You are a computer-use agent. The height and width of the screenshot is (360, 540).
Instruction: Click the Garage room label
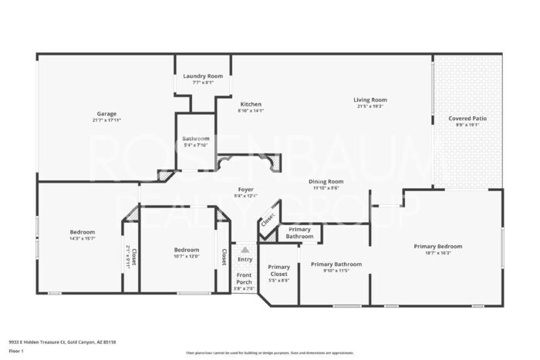coord(106,113)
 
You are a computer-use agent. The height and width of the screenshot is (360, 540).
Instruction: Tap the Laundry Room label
coord(203,76)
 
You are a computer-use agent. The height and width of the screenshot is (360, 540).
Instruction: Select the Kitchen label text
coord(251,104)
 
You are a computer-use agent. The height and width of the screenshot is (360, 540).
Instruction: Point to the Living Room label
coord(370,99)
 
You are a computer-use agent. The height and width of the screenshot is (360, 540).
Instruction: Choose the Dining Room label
coord(328,181)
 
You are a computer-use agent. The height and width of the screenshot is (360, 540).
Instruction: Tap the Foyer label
coord(245,189)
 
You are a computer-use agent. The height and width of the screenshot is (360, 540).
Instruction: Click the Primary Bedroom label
coord(437,246)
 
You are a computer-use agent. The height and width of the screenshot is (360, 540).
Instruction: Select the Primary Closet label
coord(278,270)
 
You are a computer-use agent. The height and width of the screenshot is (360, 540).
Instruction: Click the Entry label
coord(245,259)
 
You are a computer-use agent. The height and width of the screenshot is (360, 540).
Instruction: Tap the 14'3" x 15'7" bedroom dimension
coord(83,238)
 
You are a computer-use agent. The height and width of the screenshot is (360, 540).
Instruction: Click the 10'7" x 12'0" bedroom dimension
coord(187,256)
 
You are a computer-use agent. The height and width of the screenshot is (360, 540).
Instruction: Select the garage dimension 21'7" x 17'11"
coord(106,120)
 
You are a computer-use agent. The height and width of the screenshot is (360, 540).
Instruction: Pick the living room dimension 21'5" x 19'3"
coord(370,106)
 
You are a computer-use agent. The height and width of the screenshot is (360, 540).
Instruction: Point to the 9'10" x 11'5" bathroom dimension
coord(336,271)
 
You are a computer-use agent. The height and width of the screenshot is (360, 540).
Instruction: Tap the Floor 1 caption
coord(17,351)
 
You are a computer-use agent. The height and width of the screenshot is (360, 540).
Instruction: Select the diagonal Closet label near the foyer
coord(267,220)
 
